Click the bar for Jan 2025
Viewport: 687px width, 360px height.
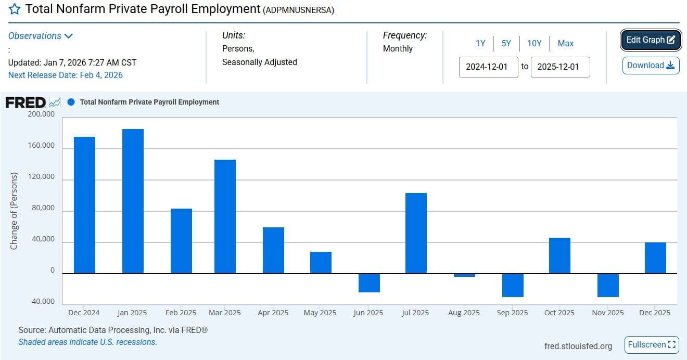tap(133, 201)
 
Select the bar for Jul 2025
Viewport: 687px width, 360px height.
tap(416, 233)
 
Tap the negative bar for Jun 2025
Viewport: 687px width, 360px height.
tap(368, 283)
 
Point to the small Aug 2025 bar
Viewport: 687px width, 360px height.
tap(464, 275)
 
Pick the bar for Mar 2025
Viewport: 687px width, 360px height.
tap(225, 216)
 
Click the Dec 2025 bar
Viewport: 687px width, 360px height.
tap(655, 258)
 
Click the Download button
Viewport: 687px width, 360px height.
tap(651, 66)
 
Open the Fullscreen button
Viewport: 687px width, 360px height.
tap(652, 345)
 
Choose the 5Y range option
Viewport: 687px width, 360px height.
tap(506, 44)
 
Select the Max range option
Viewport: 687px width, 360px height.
tap(565, 44)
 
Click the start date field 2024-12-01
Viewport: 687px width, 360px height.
tap(488, 67)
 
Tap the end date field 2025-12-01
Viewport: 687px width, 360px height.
tap(560, 67)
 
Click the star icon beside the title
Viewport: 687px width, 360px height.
tap(15, 9)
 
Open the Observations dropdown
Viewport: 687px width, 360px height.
tap(41, 36)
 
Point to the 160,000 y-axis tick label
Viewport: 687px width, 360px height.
tap(41, 146)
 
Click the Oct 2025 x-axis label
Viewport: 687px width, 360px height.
tap(559, 313)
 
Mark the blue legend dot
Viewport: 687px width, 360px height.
tap(71, 102)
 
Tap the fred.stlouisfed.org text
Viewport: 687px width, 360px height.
tap(578, 346)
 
